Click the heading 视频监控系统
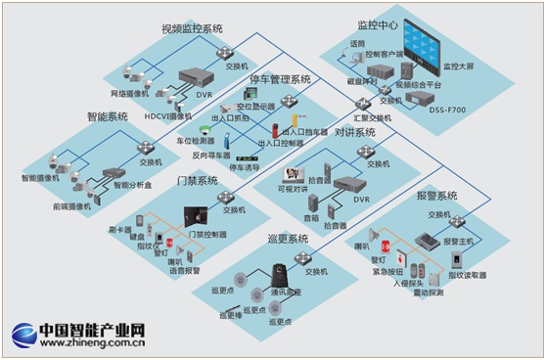tap(192, 28)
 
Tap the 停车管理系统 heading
tap(281, 79)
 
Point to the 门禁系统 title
tap(197, 181)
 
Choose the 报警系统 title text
tap(435, 196)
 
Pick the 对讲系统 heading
tap(354, 132)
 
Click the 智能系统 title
tap(108, 116)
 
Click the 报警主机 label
tap(458, 241)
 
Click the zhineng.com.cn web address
tap(92, 343)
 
